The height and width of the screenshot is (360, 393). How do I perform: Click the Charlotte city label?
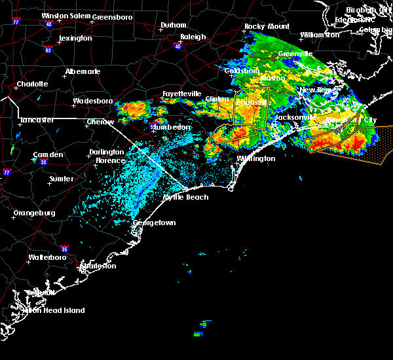pyautogui.click(x=33, y=84)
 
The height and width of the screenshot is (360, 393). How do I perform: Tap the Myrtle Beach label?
pyautogui.click(x=186, y=197)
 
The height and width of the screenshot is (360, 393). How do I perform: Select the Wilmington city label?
pyautogui.click(x=257, y=158)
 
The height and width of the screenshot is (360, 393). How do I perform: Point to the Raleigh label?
pyautogui.click(x=193, y=37)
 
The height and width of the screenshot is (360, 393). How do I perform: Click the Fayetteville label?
pyautogui.click(x=182, y=94)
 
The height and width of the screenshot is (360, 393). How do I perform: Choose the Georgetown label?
pyautogui.click(x=155, y=223)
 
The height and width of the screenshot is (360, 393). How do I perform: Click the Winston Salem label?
pyautogui.click(x=64, y=16)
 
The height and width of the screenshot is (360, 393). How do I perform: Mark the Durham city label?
pyautogui.click(x=174, y=26)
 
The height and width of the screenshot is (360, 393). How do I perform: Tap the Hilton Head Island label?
pyautogui.click(x=55, y=310)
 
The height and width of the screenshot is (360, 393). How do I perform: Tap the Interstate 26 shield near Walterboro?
pyautogui.click(x=64, y=249)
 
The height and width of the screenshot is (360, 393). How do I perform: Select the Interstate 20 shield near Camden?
pyautogui.click(x=43, y=162)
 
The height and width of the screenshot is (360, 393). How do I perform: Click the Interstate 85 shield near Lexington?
pyautogui.click(x=48, y=49)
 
